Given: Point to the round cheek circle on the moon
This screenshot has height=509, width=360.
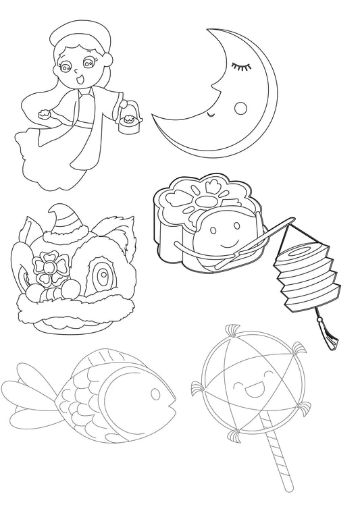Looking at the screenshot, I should point(240,107).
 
